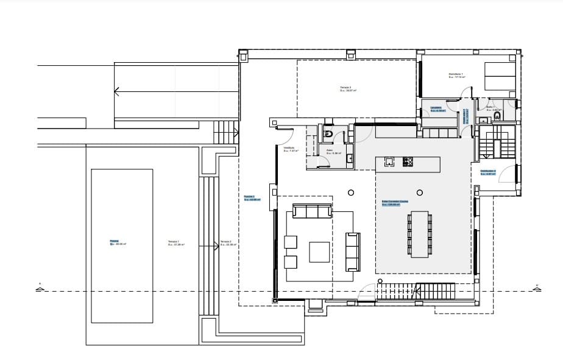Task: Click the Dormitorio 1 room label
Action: [456, 76]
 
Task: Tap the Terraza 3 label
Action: [348, 89]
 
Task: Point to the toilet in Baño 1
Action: [497, 116]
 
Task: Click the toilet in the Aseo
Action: [328, 133]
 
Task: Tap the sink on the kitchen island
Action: [389, 162]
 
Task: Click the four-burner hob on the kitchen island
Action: [408, 162]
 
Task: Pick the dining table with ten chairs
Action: [419, 234]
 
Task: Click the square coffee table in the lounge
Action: [320, 252]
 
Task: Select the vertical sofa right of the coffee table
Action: [353, 252]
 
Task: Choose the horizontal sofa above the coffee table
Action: [312, 211]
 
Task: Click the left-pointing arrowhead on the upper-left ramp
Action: [117, 92]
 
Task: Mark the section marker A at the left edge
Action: [40, 288]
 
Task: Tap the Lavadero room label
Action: [437, 110]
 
